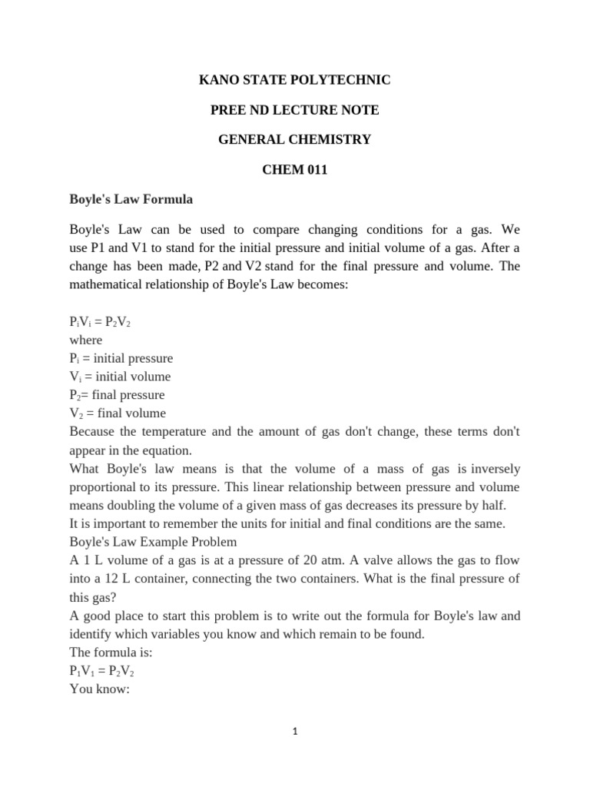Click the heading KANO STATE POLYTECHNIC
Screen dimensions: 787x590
[294, 80]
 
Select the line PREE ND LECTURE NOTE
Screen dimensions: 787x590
[294, 110]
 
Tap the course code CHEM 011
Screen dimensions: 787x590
[295, 170]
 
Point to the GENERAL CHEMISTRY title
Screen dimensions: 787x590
[294, 140]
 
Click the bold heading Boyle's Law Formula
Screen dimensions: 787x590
[131, 200]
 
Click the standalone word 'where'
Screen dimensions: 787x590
[85, 340]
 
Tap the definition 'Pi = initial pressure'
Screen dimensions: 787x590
[121, 359]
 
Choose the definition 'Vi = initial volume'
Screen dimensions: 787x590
[120, 377]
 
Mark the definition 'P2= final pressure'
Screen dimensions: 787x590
[117, 395]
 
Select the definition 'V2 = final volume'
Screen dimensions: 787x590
[118, 413]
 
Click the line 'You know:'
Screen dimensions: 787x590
[100, 689]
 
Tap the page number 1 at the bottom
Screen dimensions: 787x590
[295, 732]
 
